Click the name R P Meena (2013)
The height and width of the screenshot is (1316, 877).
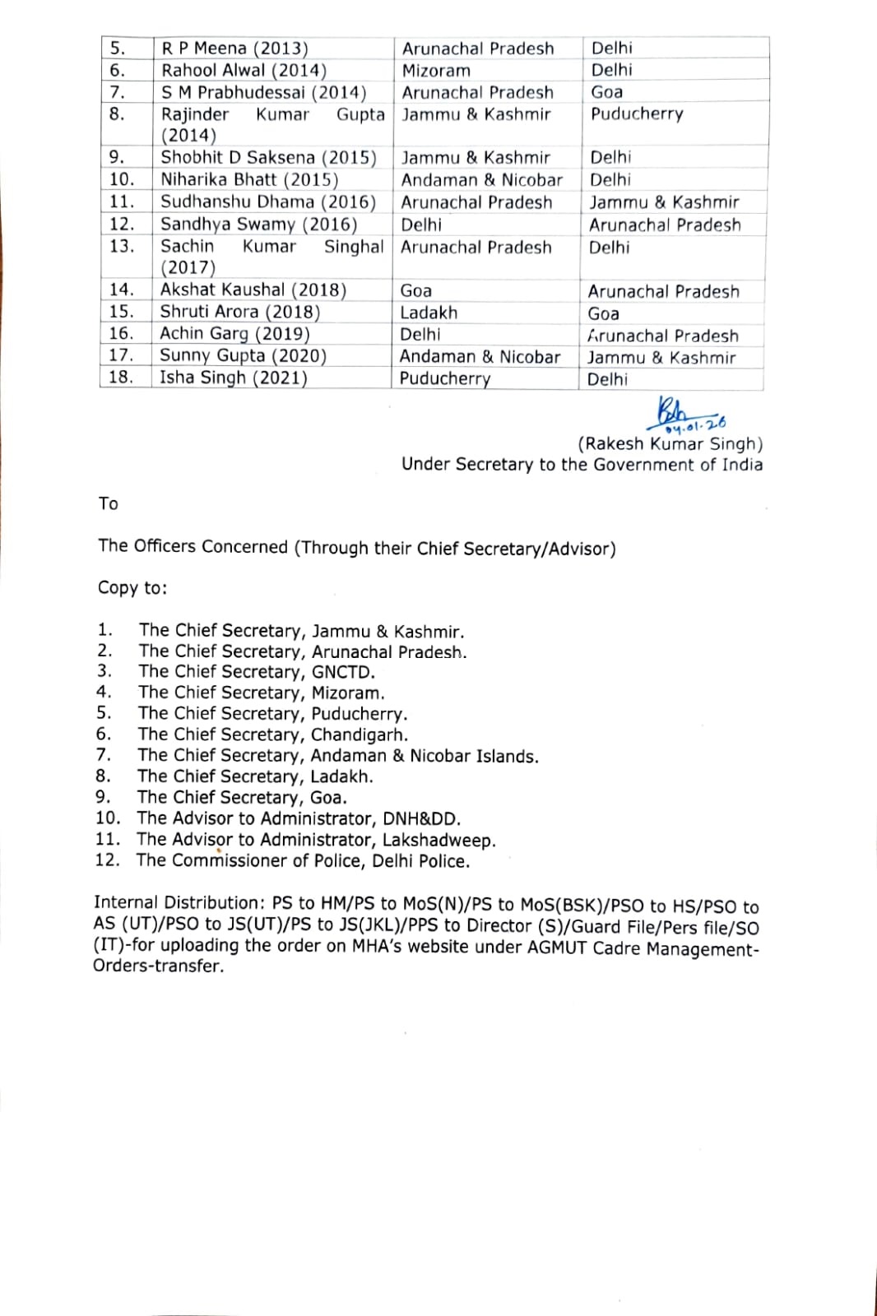(234, 49)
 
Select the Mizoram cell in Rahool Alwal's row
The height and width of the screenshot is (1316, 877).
(436, 71)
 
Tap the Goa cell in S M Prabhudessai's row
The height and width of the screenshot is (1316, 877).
(606, 92)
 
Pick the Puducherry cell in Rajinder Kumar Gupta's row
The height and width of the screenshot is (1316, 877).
(637, 114)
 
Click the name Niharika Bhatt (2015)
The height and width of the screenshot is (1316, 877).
(249, 179)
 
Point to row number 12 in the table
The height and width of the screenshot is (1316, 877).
(121, 224)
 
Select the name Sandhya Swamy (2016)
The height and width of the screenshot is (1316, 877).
(258, 225)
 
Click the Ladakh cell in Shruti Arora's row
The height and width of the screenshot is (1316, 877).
(428, 313)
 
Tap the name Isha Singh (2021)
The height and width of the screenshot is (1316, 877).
(233, 378)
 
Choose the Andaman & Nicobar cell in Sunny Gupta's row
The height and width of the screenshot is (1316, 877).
(480, 356)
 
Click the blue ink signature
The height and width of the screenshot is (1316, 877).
(675, 410)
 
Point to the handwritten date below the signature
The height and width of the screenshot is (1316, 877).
(696, 425)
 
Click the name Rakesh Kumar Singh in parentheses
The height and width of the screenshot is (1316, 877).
(670, 444)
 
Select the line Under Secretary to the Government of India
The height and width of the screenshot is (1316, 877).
(582, 465)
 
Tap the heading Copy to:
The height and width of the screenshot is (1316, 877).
(132, 587)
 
